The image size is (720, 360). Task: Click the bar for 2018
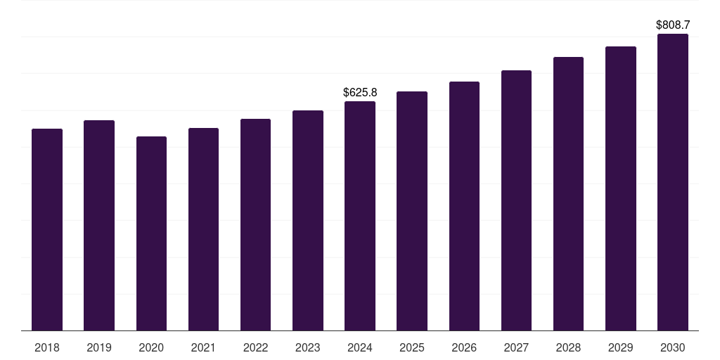point(47,230)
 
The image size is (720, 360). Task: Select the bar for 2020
point(151,233)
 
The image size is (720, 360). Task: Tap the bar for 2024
point(360,216)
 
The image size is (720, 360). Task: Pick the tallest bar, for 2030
point(673,182)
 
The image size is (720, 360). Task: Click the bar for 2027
point(516,200)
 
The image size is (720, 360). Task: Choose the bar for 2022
point(255,225)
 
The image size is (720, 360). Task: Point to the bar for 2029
point(621,188)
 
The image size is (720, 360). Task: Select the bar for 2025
point(412,211)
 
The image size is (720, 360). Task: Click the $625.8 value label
point(360,93)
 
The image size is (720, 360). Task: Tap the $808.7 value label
point(673,25)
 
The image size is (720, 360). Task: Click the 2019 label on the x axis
point(99,348)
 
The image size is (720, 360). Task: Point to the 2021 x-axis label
point(203,348)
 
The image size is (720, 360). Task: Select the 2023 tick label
point(308,348)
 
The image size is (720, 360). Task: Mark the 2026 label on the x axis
point(464,348)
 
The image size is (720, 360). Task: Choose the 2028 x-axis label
point(568,348)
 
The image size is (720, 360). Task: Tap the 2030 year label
point(673,348)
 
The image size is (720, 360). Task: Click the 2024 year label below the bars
point(360,348)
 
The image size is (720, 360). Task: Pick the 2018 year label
point(47,348)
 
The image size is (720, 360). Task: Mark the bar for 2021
point(203,229)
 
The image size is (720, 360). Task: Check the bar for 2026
point(464,206)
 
